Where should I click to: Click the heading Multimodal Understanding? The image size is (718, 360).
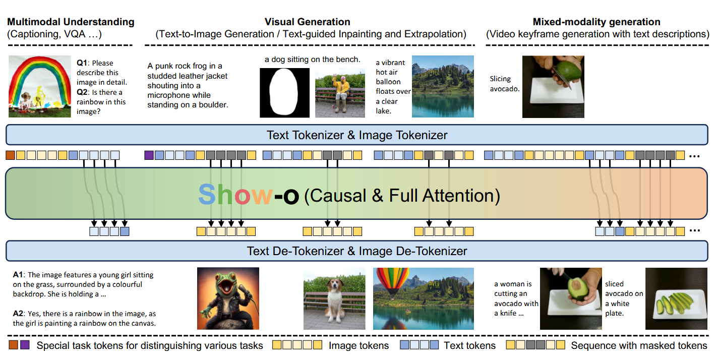pyautogui.click(x=71, y=22)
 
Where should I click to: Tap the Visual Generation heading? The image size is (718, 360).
pyautogui.click(x=307, y=22)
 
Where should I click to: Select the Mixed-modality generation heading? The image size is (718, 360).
pyautogui.click(x=596, y=22)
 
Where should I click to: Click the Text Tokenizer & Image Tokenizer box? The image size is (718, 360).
pyautogui.click(x=357, y=135)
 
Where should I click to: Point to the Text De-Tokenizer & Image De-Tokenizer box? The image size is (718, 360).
pyautogui.click(x=357, y=251)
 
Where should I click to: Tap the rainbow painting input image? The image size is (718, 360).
pyautogui.click(x=40, y=86)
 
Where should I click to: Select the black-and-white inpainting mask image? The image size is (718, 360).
pyautogui.click(x=285, y=93)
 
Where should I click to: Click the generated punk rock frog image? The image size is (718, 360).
pyautogui.click(x=228, y=298)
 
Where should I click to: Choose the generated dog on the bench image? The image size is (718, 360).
pyautogui.click(x=334, y=298)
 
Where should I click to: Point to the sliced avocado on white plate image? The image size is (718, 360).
pyautogui.click(x=676, y=298)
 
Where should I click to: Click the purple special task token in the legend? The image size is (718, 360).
pyautogui.click(x=25, y=345)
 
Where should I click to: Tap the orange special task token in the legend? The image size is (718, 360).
pyautogui.click(x=13, y=345)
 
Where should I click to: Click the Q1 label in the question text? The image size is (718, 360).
pyautogui.click(x=82, y=63)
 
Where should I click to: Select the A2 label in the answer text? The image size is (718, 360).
pyautogui.click(x=18, y=313)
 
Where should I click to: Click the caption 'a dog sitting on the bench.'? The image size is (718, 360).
pyautogui.click(x=313, y=59)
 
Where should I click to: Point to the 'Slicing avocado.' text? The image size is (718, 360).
pyautogui.click(x=505, y=84)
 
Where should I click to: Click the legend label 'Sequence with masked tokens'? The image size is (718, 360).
pyautogui.click(x=639, y=345)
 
